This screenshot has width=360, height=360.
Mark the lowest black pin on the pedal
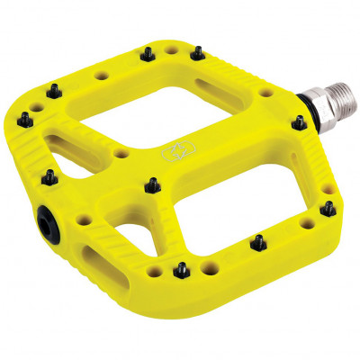pos(182,268)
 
